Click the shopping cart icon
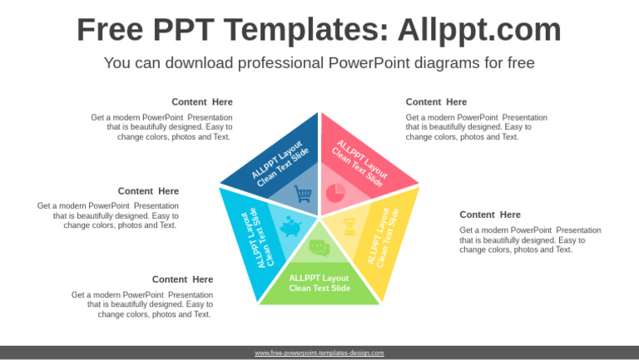(304, 195)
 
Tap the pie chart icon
(335, 193)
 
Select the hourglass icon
(350, 226)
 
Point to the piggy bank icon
(290, 227)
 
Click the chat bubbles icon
(319, 247)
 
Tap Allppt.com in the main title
(479, 30)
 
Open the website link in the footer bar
(319, 353)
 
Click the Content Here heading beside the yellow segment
(490, 215)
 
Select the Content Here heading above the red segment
(436, 102)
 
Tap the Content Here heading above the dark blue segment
(202, 102)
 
